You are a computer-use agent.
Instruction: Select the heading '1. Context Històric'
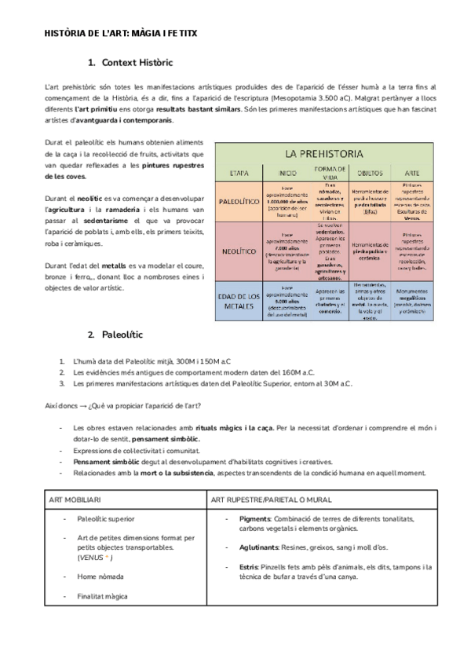click(130, 62)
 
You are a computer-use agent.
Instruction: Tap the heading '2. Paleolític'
click(115, 334)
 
